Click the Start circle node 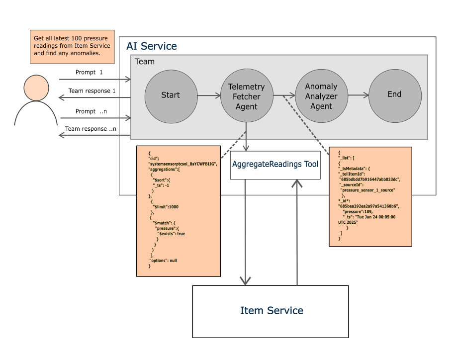coord(171,96)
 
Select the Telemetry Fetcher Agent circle coord(247,95)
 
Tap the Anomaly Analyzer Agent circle coord(321,96)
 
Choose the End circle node coord(395,95)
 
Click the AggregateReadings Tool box coord(275,165)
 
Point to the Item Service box coord(271,312)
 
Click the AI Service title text coord(152,46)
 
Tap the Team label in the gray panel coord(145,61)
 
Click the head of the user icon coord(36,88)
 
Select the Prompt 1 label coord(89,72)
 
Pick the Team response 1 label coord(92,91)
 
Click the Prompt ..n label coord(91,111)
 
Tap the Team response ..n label coord(91,129)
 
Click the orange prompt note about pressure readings coord(72,47)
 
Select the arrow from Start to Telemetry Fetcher coord(209,95)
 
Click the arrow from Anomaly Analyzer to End coord(359,95)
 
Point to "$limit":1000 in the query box coord(166,207)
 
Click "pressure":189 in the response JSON coord(358,211)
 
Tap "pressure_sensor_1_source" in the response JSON coord(367,190)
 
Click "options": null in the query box coord(163,261)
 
